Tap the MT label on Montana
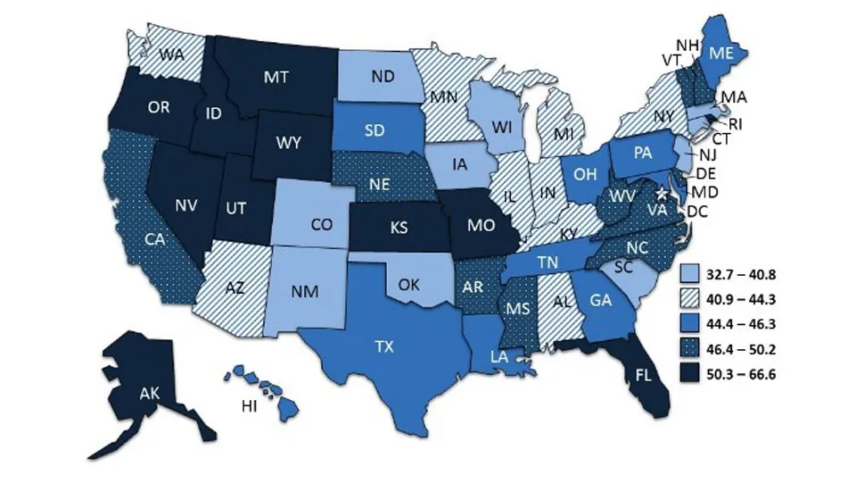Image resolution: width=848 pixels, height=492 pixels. pos(275,78)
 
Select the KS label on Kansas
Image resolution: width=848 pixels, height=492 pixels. pos(399,227)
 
